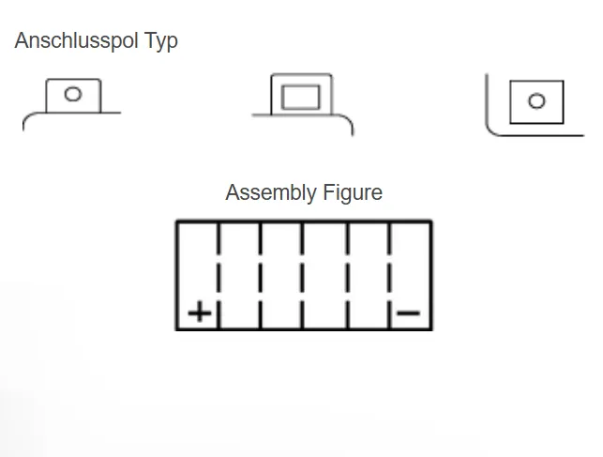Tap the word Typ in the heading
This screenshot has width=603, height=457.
pyautogui.click(x=160, y=41)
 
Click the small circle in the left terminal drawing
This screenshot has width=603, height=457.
pyautogui.click(x=72, y=94)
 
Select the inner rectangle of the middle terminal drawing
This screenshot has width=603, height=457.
pyautogui.click(x=302, y=96)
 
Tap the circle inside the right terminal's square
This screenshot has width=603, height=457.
pyautogui.click(x=536, y=101)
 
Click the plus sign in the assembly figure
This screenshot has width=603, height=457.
pyautogui.click(x=199, y=312)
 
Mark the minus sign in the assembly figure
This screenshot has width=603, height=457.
pyautogui.click(x=409, y=312)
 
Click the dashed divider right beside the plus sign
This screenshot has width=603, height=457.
pyautogui.click(x=219, y=276)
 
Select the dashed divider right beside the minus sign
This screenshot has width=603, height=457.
pyautogui.click(x=389, y=276)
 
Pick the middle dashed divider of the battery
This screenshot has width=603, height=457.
pyautogui.click(x=302, y=276)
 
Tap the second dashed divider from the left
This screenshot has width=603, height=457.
pyautogui.click(x=261, y=276)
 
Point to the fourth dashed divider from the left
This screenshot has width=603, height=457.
pyautogui.click(x=347, y=276)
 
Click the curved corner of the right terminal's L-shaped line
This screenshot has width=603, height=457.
pyautogui.click(x=491, y=130)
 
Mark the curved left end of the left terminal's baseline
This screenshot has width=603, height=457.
pyautogui.click(x=27, y=119)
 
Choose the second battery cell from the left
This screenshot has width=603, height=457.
pyautogui.click(x=239, y=276)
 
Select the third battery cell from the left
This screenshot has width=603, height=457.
pyautogui.click(x=281, y=276)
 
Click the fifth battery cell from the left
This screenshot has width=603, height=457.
pyautogui.click(x=368, y=276)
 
